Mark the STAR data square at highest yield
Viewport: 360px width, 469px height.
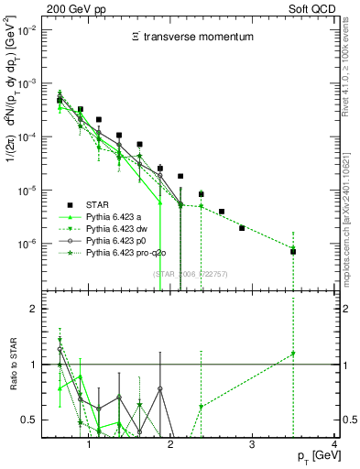[60, 100]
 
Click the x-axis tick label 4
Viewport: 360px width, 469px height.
[334, 445]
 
